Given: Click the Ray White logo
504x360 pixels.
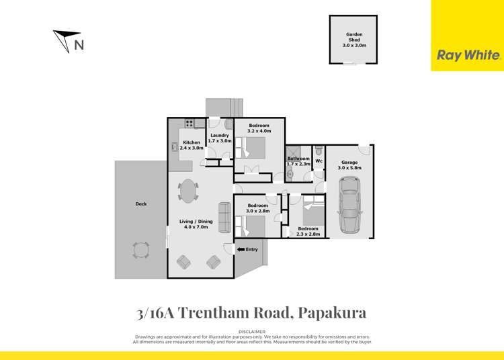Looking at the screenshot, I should (468, 56).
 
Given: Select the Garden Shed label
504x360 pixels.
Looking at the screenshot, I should (354, 37).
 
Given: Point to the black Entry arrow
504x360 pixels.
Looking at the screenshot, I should (241, 250).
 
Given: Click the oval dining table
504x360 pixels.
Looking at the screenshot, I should (188, 190).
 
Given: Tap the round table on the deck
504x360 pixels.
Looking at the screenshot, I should (141, 251).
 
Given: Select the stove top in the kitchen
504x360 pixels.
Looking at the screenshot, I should (190, 124).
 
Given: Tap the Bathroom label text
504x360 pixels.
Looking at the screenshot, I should (298, 159).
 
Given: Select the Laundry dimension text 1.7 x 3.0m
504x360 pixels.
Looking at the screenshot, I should (220, 141).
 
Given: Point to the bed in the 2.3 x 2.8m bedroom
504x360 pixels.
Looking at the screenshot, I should (313, 214).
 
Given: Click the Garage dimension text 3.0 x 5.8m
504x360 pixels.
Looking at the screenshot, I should (349, 168).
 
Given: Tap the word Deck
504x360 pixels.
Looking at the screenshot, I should (140, 204).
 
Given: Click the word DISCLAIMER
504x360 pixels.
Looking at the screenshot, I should (252, 332).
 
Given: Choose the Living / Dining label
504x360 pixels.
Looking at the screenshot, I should (196, 221).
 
